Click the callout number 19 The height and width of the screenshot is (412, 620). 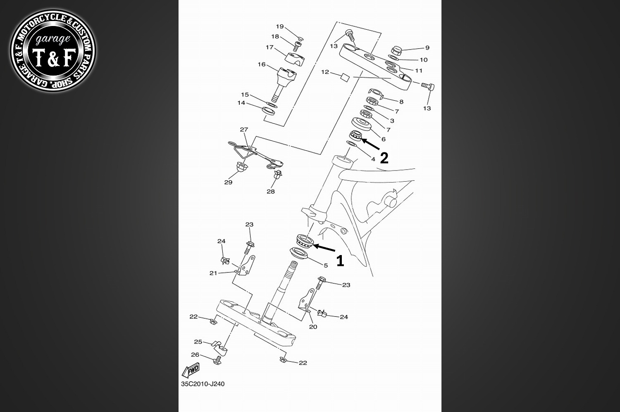click(280, 26)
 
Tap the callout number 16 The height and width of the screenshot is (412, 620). click(262, 64)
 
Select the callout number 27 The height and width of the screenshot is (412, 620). click(244, 130)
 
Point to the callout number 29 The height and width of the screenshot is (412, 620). click(228, 182)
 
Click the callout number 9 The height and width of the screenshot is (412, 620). click(427, 48)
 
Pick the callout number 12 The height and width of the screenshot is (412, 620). click(325, 72)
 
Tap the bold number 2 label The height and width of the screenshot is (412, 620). click(384, 158)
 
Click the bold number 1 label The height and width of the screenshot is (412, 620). click(340, 260)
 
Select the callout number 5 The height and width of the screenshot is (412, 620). click(325, 265)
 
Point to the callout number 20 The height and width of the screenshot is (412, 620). click(313, 327)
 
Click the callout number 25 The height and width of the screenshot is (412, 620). click(198, 341)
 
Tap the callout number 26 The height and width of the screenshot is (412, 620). click(195, 355)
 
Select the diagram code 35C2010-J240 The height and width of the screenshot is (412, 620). click(203, 384)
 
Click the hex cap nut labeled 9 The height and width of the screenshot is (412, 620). click(396, 51)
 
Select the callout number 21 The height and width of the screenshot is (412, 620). click(213, 273)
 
